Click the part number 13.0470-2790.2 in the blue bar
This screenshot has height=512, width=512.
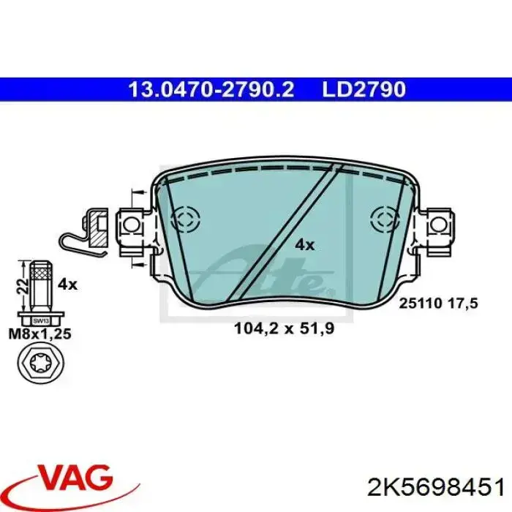pos(211,89)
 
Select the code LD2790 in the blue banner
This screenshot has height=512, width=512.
pos(364,89)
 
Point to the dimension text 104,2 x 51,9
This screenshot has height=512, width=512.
pos(285,329)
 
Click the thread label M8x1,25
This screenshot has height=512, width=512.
pos(40,334)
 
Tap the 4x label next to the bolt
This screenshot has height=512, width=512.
pos(67,285)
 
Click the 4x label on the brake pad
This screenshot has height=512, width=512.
pos(305,244)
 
